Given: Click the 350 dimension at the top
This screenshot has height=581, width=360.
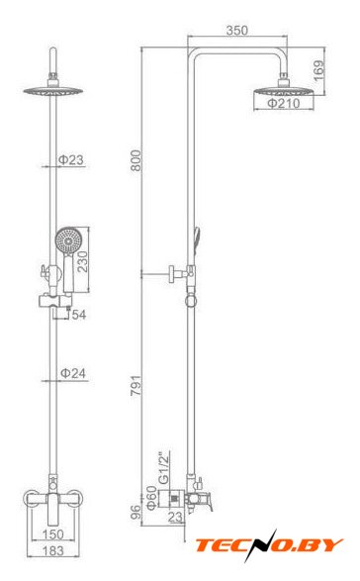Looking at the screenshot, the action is pos(237,31).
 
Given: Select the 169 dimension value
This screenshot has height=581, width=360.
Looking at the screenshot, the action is pos(318,70).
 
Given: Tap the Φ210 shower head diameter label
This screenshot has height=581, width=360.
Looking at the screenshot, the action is pos(284,103).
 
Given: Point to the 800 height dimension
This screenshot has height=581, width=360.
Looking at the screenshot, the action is pos(135,160).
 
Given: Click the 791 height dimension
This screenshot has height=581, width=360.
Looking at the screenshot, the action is pos(135,385).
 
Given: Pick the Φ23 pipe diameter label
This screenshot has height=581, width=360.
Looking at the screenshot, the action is pos(71,160).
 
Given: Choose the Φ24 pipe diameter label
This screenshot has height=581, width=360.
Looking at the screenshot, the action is pos(73,373).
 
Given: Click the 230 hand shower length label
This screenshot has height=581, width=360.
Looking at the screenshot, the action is pos(82,261).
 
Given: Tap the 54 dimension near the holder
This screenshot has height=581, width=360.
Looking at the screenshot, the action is pos(79,315).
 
